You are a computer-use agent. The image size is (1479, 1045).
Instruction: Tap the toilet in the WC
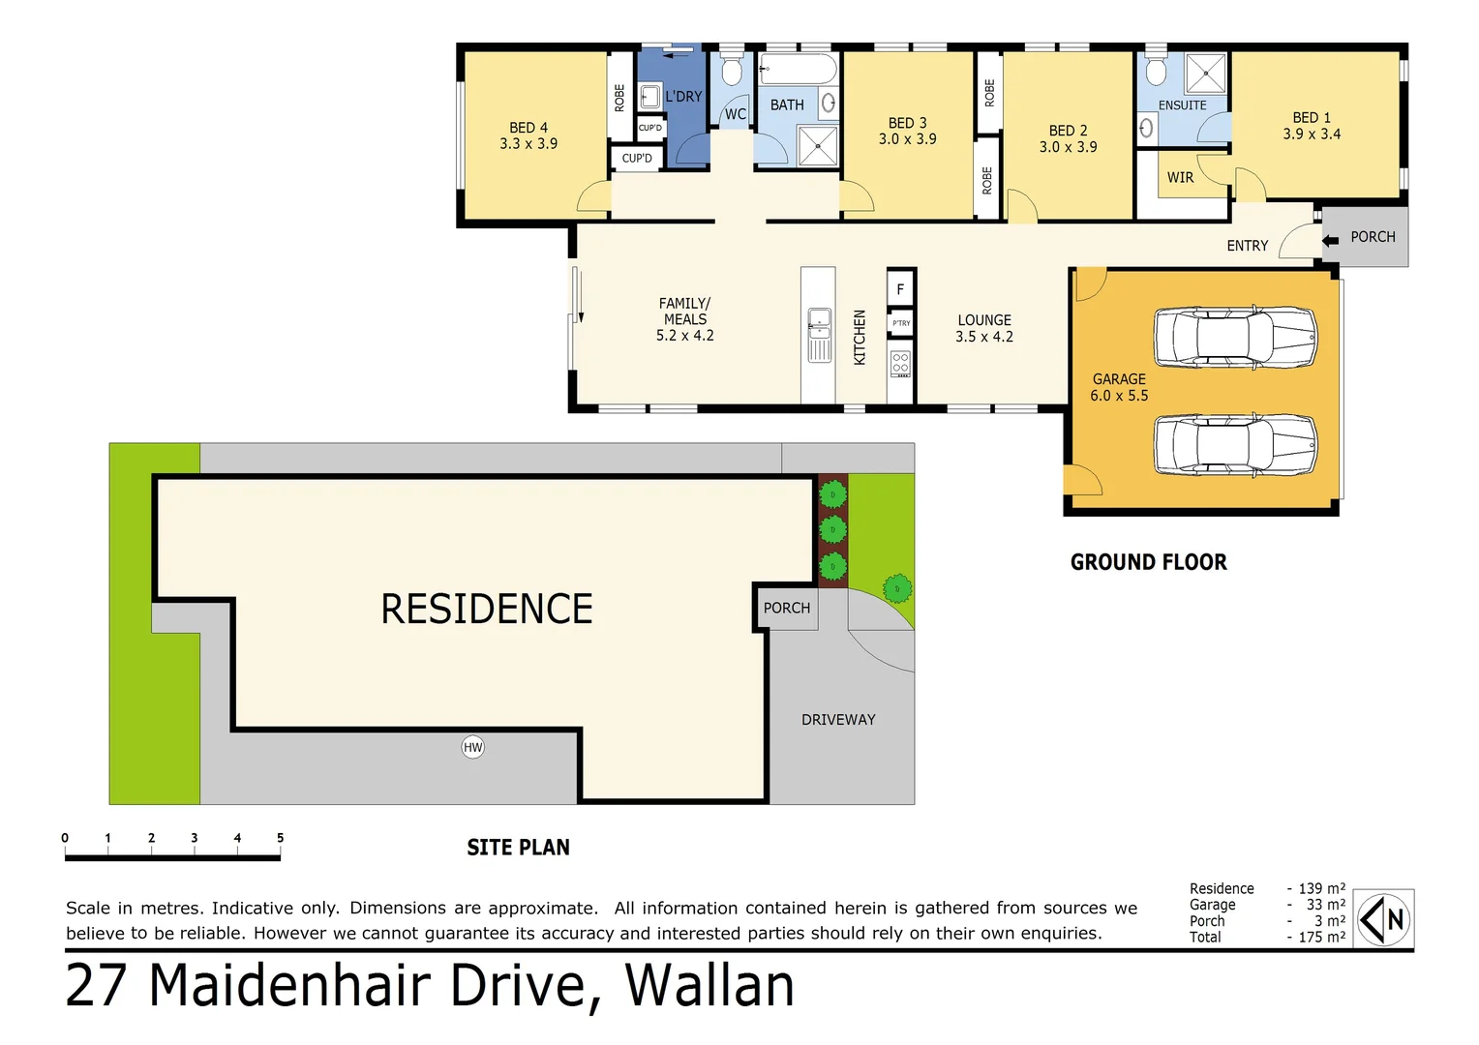tap(732, 70)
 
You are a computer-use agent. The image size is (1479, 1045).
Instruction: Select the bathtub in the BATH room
tap(798, 70)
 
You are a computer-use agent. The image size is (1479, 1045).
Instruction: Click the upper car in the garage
tap(1235, 337)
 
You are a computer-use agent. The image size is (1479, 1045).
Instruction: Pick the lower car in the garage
tap(1235, 444)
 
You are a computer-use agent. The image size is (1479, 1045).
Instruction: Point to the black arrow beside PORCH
tap(1331, 240)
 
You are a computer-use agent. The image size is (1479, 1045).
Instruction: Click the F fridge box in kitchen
tap(900, 288)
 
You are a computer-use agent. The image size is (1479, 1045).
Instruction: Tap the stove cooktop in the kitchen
tap(900, 364)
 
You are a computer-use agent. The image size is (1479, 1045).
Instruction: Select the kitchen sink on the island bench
tap(819, 320)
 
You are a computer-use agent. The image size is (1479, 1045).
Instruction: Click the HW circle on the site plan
tap(472, 747)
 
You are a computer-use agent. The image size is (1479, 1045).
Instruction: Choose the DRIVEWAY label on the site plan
tap(838, 720)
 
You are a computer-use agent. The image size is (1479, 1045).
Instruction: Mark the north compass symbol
tap(1384, 919)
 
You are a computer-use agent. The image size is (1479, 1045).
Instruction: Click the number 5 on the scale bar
tap(280, 838)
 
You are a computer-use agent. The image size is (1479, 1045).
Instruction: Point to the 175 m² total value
tap(1321, 937)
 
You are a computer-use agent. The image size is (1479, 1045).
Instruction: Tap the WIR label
tap(1180, 178)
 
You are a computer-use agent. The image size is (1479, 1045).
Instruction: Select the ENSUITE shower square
tap(1206, 74)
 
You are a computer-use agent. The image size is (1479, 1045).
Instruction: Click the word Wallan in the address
tap(709, 986)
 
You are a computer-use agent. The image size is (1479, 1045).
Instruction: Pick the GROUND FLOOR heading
tap(1148, 562)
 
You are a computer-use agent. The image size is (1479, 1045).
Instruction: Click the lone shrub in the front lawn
tap(897, 588)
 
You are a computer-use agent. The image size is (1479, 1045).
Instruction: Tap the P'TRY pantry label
tap(901, 323)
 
